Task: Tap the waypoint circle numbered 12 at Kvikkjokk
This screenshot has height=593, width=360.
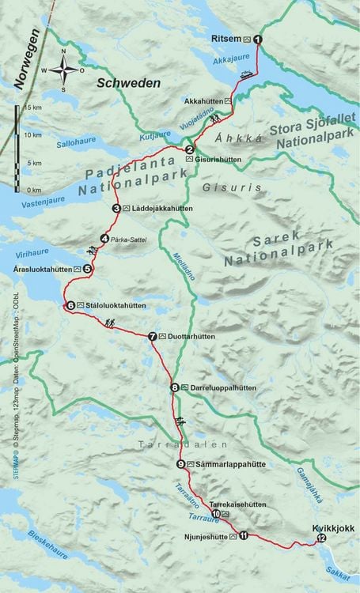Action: (320, 538)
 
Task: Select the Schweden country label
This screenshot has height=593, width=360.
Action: (128, 83)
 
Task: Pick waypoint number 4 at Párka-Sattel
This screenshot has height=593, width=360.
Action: (104, 239)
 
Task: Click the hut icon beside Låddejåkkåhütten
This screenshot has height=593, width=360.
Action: (127, 209)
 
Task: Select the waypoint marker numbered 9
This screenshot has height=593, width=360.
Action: (181, 464)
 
